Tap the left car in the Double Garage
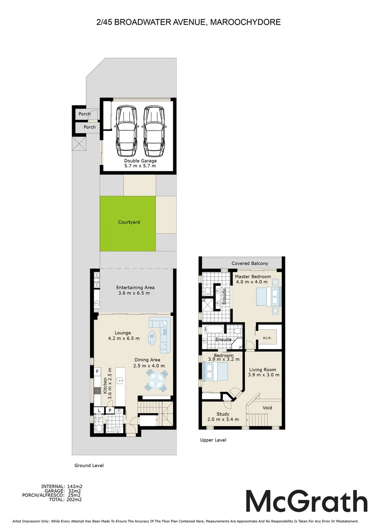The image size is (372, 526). coord(125,130)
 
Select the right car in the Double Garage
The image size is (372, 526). coord(154,130)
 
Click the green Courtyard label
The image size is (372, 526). coord(129,222)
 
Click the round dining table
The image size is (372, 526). coord(157,380)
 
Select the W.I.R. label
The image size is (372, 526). coord(266,338)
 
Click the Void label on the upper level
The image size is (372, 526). coord(267,408)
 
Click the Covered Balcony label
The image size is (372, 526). coord(250,263)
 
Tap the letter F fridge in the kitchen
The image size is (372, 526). coord(97,372)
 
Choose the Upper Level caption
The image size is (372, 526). coord(213,440)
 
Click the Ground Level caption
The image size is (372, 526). coord(89,466)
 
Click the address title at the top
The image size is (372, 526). coord(188,22)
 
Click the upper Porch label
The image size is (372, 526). coord(85,114)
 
